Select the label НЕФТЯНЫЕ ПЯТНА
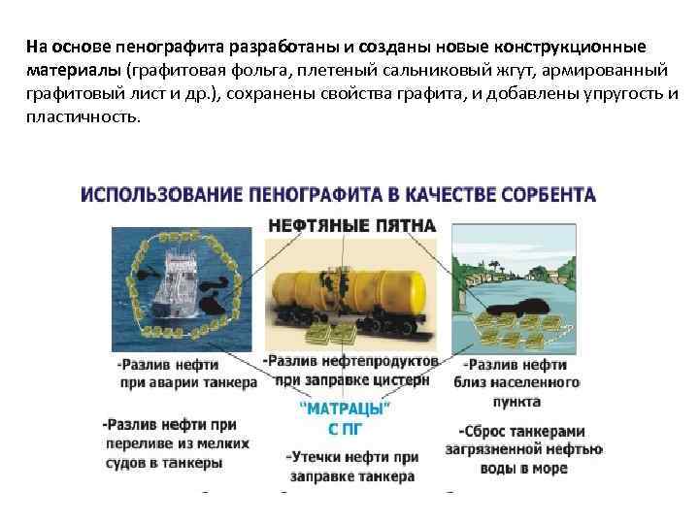tap(351, 225)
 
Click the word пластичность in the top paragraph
tap(83, 115)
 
